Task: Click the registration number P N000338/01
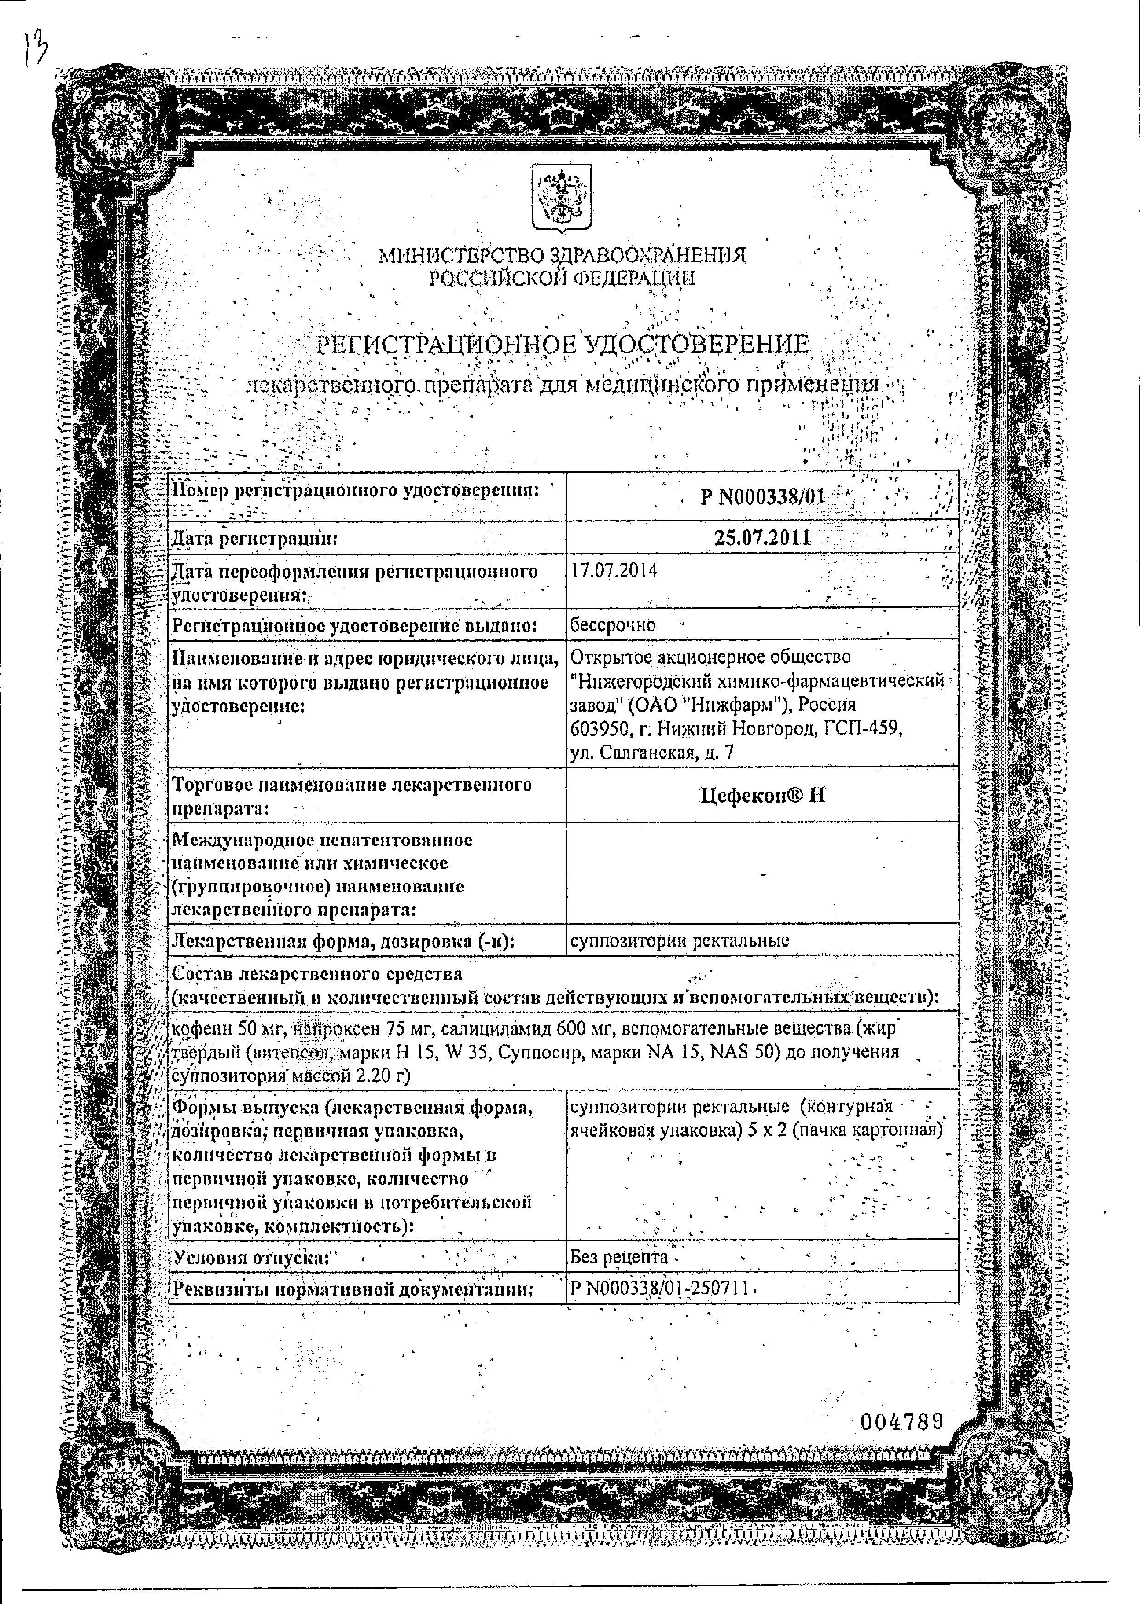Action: [762, 497]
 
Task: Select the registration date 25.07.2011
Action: [762, 538]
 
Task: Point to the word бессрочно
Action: [613, 624]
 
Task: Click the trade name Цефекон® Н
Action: [762, 795]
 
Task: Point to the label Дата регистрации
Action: [255, 539]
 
